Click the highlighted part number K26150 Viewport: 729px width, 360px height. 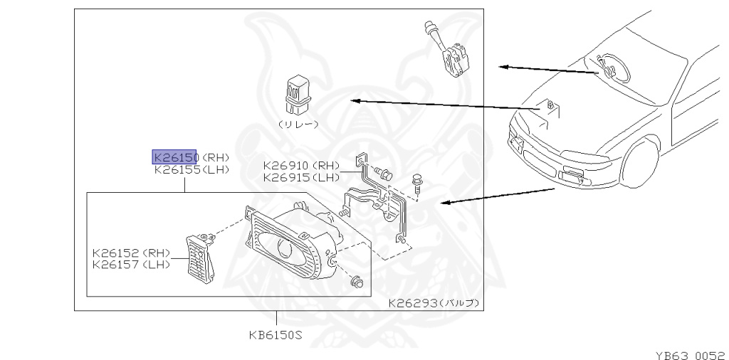click(174, 157)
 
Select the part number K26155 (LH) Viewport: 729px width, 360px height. click(190, 170)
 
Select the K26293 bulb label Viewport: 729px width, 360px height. click(433, 303)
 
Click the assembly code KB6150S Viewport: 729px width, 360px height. click(276, 334)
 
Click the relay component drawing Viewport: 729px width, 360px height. click(297, 95)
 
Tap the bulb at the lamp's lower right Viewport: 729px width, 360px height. click(357, 283)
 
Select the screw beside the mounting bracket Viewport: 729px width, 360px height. click(417, 183)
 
